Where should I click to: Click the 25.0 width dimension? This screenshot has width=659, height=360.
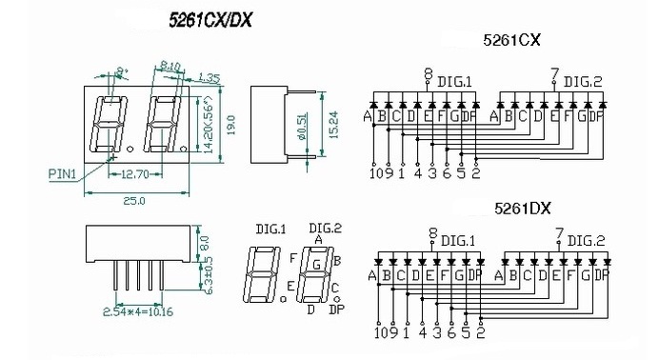click(x=133, y=200)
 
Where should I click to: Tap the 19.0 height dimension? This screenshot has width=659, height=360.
click(x=231, y=127)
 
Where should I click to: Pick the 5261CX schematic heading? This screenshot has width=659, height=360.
click(x=512, y=41)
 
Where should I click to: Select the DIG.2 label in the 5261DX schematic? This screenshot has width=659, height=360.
click(x=586, y=242)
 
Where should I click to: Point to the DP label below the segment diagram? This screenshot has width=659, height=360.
click(x=336, y=310)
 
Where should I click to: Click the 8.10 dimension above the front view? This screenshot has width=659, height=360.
click(x=171, y=67)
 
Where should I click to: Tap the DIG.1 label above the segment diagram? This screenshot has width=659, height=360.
click(x=271, y=230)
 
